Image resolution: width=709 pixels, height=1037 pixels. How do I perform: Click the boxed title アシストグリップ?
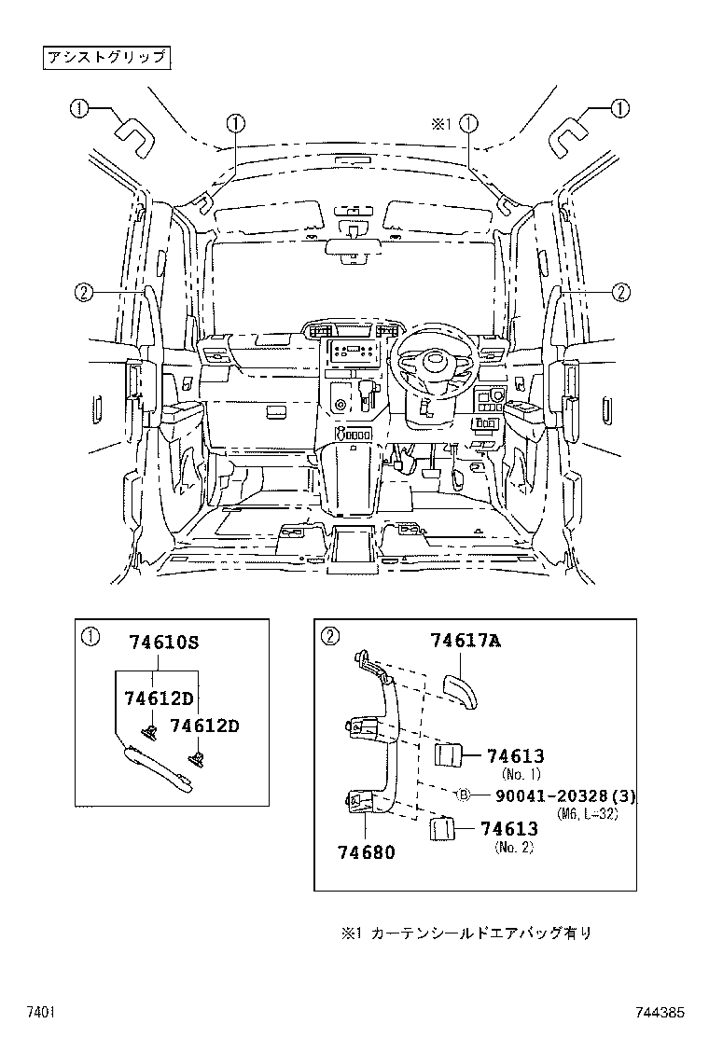105,58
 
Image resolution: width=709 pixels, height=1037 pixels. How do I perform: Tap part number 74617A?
466,641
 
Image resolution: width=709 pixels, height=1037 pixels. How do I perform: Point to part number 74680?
366,851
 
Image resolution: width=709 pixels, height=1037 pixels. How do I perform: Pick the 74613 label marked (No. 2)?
513,829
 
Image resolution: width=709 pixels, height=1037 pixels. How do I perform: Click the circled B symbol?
460,795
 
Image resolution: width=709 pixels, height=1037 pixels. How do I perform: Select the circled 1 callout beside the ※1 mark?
468,122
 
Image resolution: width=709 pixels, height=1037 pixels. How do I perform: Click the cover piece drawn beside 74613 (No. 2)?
442,830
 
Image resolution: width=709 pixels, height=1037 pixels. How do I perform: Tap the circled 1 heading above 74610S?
90,637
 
